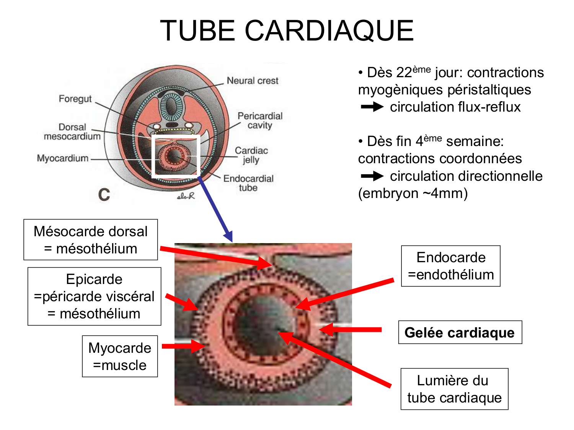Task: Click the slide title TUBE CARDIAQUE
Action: [287, 31]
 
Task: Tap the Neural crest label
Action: [253, 81]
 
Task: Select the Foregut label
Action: [75, 99]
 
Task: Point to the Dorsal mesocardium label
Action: [72, 132]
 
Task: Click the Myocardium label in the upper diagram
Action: [63, 158]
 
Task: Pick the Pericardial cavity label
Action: [260, 121]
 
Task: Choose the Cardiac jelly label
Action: [251, 155]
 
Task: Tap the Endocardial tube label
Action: [248, 183]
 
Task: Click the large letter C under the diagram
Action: [104, 195]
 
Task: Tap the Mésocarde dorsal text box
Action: [91, 240]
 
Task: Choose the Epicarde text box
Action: [94, 296]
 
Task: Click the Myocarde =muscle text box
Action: [120, 356]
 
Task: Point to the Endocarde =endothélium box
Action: [451, 266]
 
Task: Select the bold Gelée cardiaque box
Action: [460, 333]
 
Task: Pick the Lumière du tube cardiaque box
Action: [454, 389]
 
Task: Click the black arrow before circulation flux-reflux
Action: [372, 107]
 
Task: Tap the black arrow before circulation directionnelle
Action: [372, 176]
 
